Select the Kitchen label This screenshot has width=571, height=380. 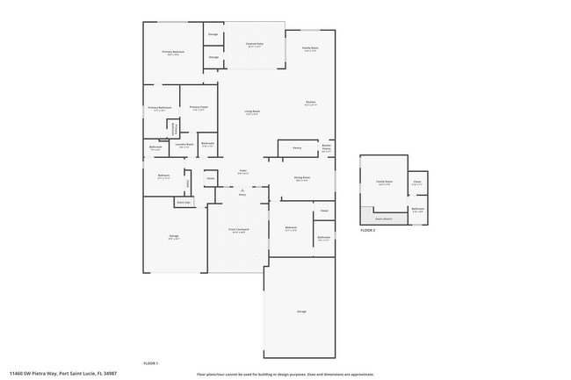[x=310, y=103]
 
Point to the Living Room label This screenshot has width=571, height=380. [x=251, y=112]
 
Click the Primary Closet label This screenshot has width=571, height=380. [x=198, y=108]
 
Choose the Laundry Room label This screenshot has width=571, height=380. [x=184, y=145]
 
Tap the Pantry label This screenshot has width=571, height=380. [x=297, y=147]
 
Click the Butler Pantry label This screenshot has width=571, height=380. [x=326, y=149]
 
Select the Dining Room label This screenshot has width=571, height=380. [x=301, y=178]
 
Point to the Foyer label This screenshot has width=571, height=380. [x=242, y=172]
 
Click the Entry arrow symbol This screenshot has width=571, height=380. [x=242, y=189]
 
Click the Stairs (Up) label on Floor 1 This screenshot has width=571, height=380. [x=184, y=201]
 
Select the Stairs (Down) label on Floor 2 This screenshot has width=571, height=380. [x=383, y=219]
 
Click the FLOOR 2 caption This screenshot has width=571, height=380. [x=367, y=230]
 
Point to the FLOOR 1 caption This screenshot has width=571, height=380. [x=150, y=362]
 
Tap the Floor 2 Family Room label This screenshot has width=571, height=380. [x=383, y=183]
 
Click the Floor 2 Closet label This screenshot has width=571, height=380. [x=417, y=183]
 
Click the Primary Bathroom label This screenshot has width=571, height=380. [x=159, y=108]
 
